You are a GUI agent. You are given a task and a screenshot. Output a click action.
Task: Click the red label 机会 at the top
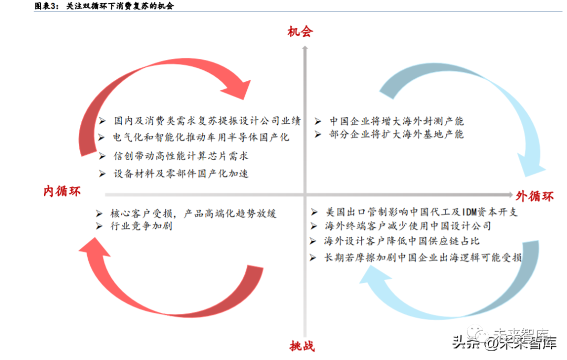[x=300, y=31]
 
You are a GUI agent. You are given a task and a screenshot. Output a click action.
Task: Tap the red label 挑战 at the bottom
[x=302, y=346]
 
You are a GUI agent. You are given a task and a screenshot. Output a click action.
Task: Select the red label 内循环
[x=62, y=192]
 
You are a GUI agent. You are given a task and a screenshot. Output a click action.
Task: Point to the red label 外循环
[x=534, y=196]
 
